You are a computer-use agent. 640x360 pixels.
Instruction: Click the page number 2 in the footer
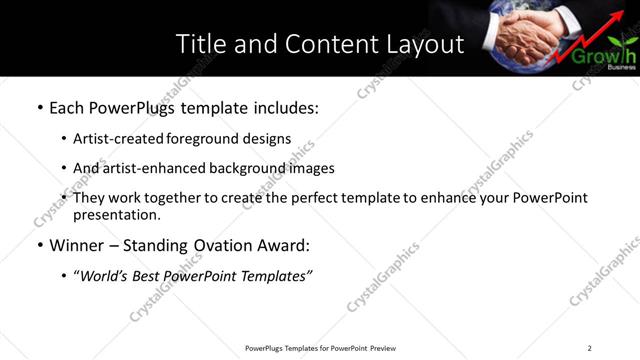point(589,348)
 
